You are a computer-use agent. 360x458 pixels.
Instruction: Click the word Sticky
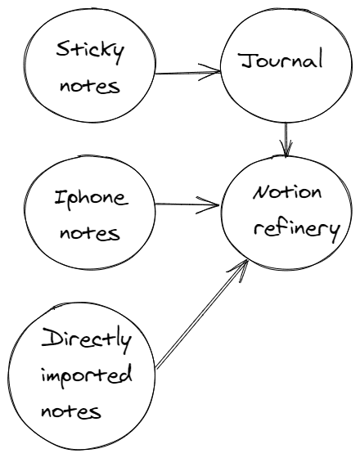[x=90, y=52]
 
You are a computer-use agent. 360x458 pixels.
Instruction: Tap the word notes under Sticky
[x=90, y=86]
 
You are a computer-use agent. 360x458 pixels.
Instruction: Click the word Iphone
[x=92, y=200]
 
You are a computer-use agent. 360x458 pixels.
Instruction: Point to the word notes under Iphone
[x=90, y=233]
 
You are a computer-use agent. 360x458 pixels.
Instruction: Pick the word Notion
[x=287, y=193]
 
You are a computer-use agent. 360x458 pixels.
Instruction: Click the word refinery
[x=297, y=230]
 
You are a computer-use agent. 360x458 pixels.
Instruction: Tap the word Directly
[x=86, y=340]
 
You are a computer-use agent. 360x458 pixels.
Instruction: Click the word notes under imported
[x=71, y=411]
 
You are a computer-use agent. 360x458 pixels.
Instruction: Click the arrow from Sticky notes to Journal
[x=188, y=72]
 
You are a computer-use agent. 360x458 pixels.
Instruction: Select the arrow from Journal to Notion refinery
[x=286, y=140]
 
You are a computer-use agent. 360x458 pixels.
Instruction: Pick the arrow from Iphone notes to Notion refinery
[x=187, y=204]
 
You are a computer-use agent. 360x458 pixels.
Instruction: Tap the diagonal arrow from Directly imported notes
[x=202, y=315]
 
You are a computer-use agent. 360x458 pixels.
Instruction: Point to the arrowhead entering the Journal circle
[x=209, y=72]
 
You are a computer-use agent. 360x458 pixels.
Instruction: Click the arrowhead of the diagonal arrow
[x=240, y=269]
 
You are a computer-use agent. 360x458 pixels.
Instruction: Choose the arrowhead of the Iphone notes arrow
[x=208, y=204]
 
